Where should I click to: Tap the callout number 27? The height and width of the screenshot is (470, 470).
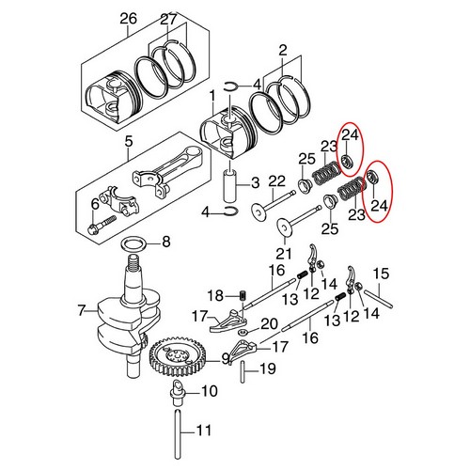[168, 18]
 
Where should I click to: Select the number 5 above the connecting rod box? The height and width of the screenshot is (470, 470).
[129, 144]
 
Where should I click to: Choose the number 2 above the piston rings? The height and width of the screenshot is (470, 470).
[281, 48]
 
